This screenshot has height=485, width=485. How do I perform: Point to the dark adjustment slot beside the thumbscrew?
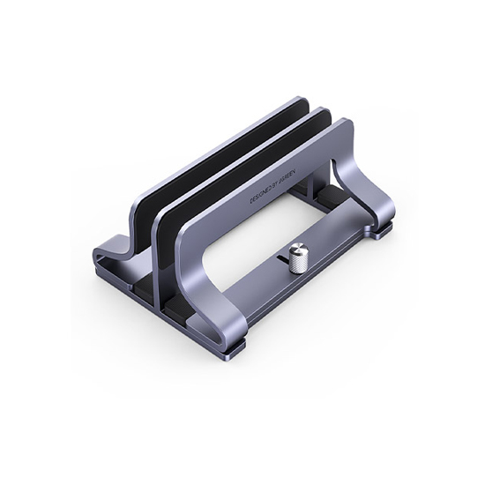(280, 262)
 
